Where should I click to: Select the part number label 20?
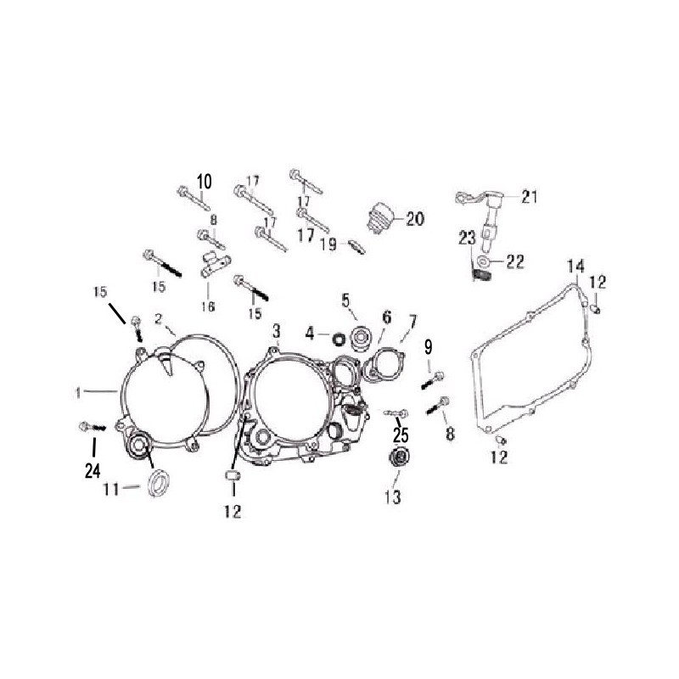[x=414, y=218]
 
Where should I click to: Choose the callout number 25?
[x=401, y=436]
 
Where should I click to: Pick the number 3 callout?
[x=276, y=328]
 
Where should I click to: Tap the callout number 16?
[x=207, y=306]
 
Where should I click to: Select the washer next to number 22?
[x=483, y=261]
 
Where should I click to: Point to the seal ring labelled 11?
[x=157, y=486]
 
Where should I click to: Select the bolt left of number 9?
[x=434, y=380]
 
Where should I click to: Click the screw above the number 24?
[x=88, y=424]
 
